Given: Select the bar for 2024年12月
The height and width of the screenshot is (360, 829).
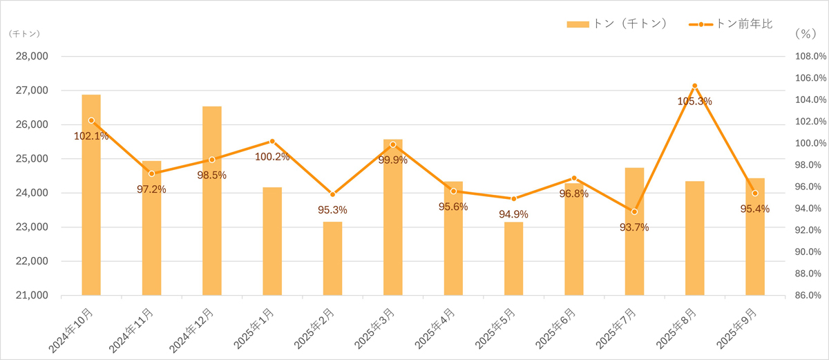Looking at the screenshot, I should click(211, 201).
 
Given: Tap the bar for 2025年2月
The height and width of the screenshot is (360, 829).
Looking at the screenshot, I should click(332, 258).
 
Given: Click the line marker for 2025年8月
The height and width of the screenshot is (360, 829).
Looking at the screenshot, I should click(694, 86).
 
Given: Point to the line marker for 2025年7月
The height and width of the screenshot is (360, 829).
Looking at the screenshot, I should click(634, 211).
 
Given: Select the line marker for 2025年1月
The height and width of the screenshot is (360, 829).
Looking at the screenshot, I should click(272, 141).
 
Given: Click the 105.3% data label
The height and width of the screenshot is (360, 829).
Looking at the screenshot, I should click(694, 102).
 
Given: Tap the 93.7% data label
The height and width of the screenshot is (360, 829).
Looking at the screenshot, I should click(634, 227).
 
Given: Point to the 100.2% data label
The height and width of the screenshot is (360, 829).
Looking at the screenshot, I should click(272, 157).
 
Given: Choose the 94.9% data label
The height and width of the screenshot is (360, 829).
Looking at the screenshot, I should click(513, 214).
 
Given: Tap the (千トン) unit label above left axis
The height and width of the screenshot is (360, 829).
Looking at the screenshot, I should click(25, 33).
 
